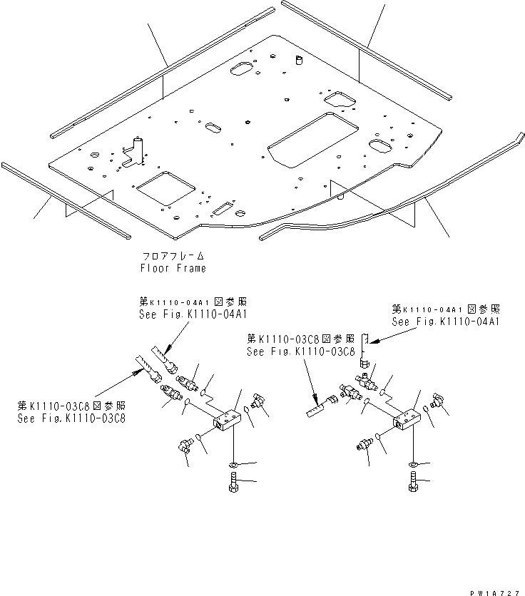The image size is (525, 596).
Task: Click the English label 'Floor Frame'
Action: coord(173,269)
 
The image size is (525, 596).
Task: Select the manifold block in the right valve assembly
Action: coord(409,421)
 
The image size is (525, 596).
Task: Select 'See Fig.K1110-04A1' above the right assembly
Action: coord(446,322)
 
